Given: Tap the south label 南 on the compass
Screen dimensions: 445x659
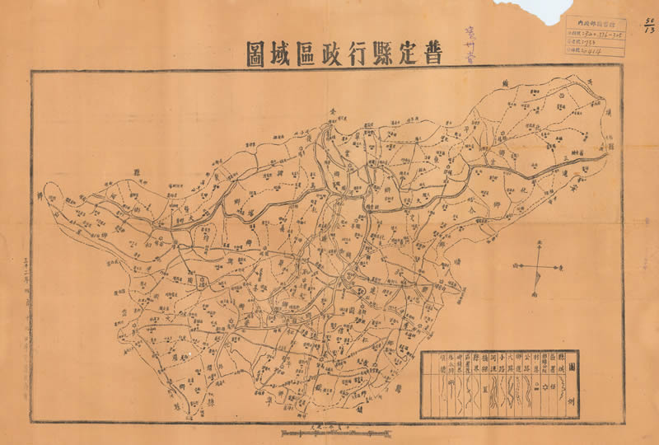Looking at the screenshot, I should [x=538, y=293].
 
